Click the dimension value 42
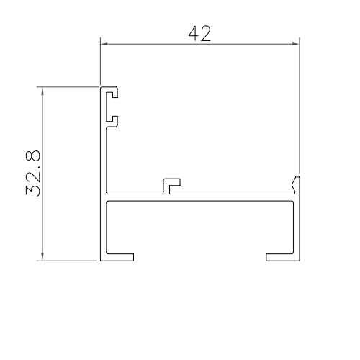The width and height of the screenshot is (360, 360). pos(199,33)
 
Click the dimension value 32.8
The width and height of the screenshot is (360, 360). pos(33,173)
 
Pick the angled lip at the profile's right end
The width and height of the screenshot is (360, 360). pos(295,184)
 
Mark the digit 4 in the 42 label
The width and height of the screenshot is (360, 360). pos(192,33)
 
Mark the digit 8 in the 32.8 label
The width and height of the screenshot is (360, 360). pos(33,156)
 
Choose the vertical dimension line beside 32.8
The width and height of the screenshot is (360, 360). pos(44,216)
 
